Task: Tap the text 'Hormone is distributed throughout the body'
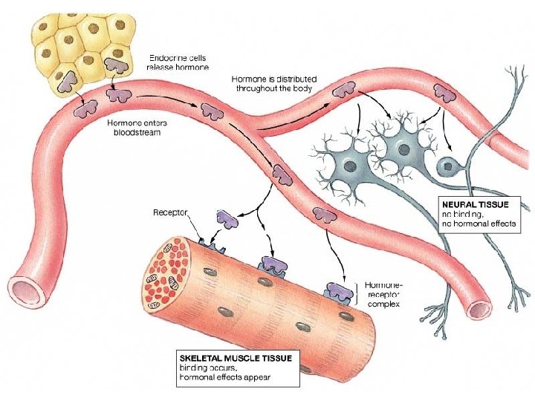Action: tap(274, 82)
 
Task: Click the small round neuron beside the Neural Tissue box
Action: tap(448, 166)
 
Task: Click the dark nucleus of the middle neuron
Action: tap(403, 150)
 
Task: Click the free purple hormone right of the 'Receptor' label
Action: tap(227, 219)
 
